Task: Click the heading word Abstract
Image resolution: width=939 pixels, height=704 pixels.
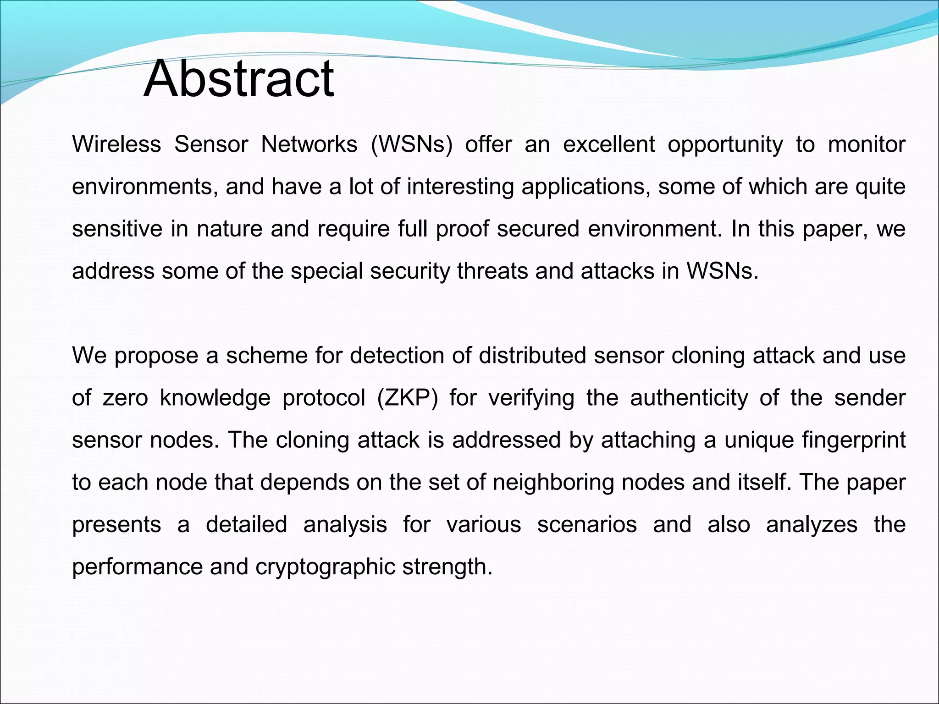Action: tap(238, 79)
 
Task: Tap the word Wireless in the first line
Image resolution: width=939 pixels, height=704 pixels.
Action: tap(116, 144)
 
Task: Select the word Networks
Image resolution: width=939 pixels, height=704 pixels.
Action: tap(309, 144)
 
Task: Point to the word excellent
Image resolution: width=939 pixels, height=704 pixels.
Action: tap(609, 144)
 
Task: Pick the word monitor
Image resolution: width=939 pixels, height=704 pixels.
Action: tap(867, 144)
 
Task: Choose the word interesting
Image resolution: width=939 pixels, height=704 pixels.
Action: tap(460, 187)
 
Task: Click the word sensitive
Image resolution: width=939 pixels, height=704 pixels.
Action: tap(117, 229)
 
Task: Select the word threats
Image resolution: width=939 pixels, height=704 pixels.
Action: tap(492, 271)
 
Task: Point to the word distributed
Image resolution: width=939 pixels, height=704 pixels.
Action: tap(532, 356)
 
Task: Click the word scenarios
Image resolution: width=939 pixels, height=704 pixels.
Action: tap(587, 524)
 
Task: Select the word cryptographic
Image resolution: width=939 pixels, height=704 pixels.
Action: tap(325, 567)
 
